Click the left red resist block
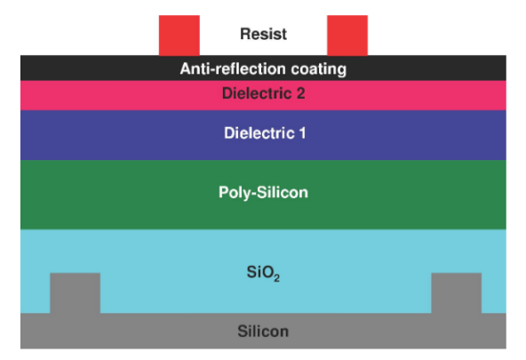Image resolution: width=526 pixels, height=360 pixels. coord(179,36)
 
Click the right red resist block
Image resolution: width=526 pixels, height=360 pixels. coord(347,36)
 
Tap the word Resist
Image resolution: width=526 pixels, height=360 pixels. coord(263,34)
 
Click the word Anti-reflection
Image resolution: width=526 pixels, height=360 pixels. coord(233,68)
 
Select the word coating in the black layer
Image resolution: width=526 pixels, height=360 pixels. coord(319,69)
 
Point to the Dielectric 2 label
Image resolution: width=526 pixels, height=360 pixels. coord(263,93)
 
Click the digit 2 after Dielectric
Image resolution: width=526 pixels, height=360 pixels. coord(300,93)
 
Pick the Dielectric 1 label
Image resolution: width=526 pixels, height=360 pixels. coord(265,133)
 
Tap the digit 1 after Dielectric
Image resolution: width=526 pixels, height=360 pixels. coord(302,133)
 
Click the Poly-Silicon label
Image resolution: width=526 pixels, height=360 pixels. coord(263,193)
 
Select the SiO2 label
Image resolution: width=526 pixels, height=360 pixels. coord(263,273)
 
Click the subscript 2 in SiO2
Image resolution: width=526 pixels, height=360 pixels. coord(276,278)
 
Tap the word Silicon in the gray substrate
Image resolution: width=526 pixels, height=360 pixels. coord(263,332)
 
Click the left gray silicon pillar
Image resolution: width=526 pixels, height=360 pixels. coord(76,293)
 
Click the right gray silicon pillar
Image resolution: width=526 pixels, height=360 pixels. coord(456,293)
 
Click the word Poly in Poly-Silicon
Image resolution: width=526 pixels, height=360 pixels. coord(234,193)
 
